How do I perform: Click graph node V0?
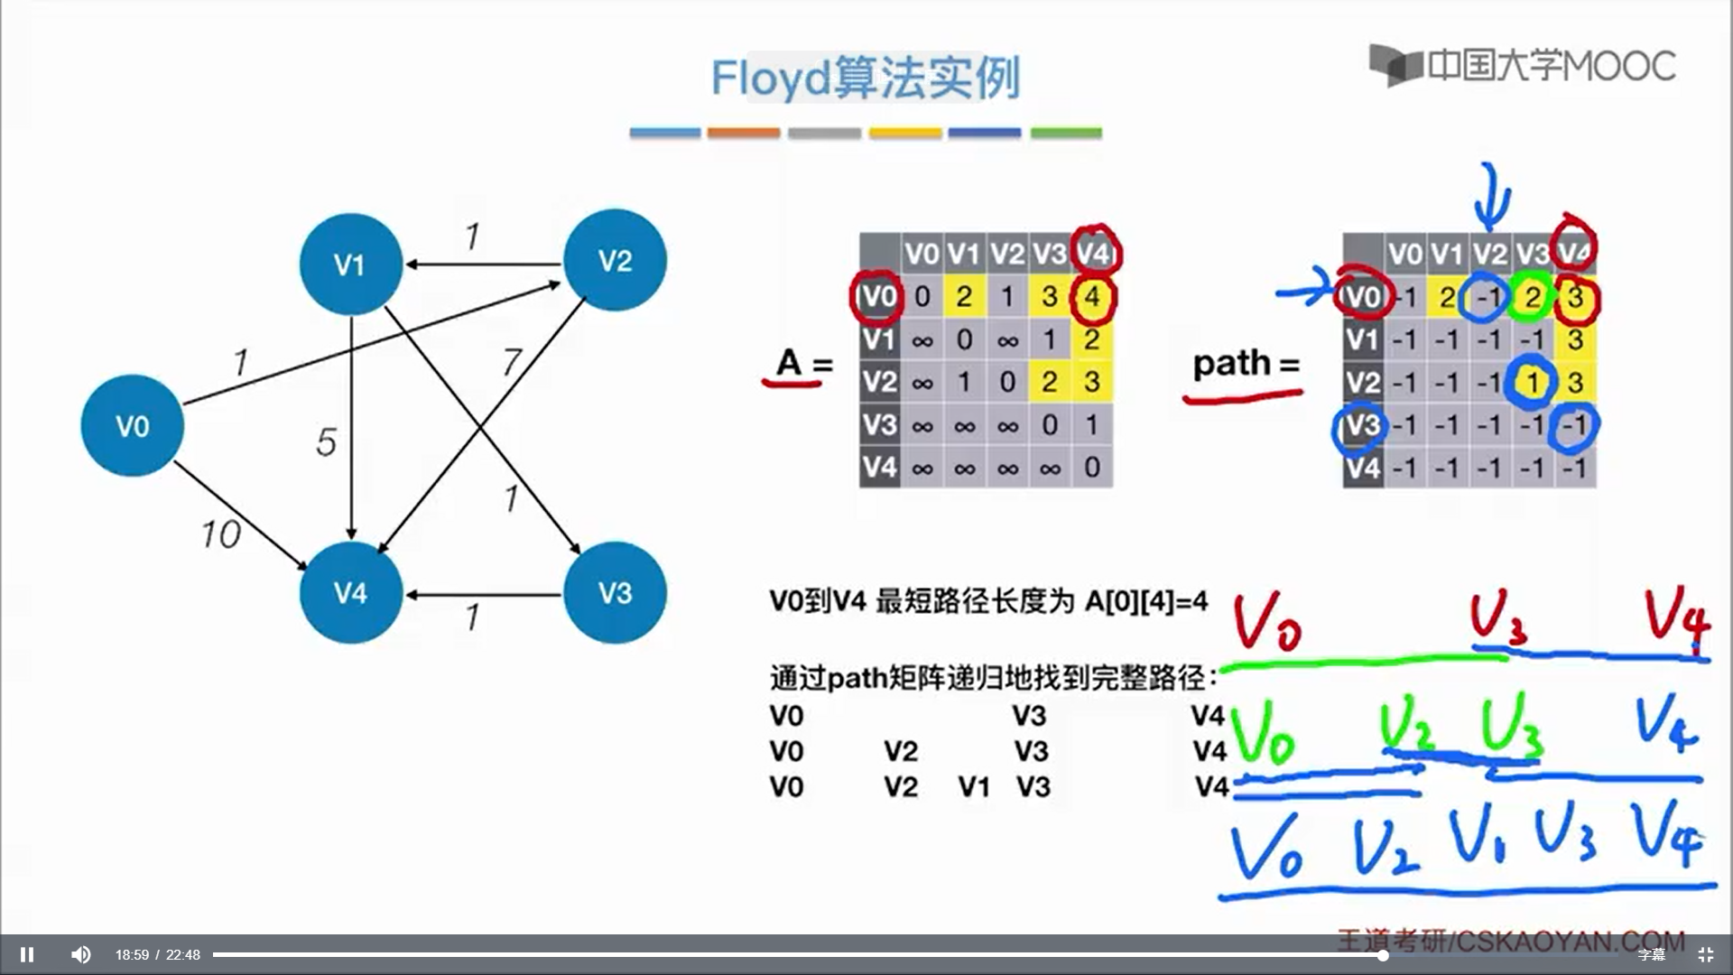pyautogui.click(x=132, y=425)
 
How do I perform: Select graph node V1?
pyautogui.click(x=350, y=264)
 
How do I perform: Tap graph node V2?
pyautogui.click(x=615, y=260)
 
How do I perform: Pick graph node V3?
pyautogui.click(x=615, y=592)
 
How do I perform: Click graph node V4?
pyautogui.click(x=350, y=592)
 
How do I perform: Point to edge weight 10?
pyautogui.click(x=220, y=534)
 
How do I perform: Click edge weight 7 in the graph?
pyautogui.click(x=512, y=362)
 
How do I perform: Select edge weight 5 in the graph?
pyautogui.click(x=326, y=441)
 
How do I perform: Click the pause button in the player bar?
pyautogui.click(x=27, y=954)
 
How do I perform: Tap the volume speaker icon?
pyautogui.click(x=81, y=954)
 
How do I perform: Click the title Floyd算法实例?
pyautogui.click(x=865, y=78)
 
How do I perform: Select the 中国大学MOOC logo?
pyautogui.click(x=1523, y=65)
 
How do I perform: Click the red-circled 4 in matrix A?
pyautogui.click(x=1092, y=297)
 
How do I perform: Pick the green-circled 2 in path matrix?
pyautogui.click(x=1532, y=297)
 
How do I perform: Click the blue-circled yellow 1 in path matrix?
pyautogui.click(x=1532, y=383)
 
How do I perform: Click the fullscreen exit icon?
pyautogui.click(x=1705, y=954)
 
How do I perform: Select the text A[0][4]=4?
pyautogui.click(x=1146, y=601)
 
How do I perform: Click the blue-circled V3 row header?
pyautogui.click(x=1361, y=425)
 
